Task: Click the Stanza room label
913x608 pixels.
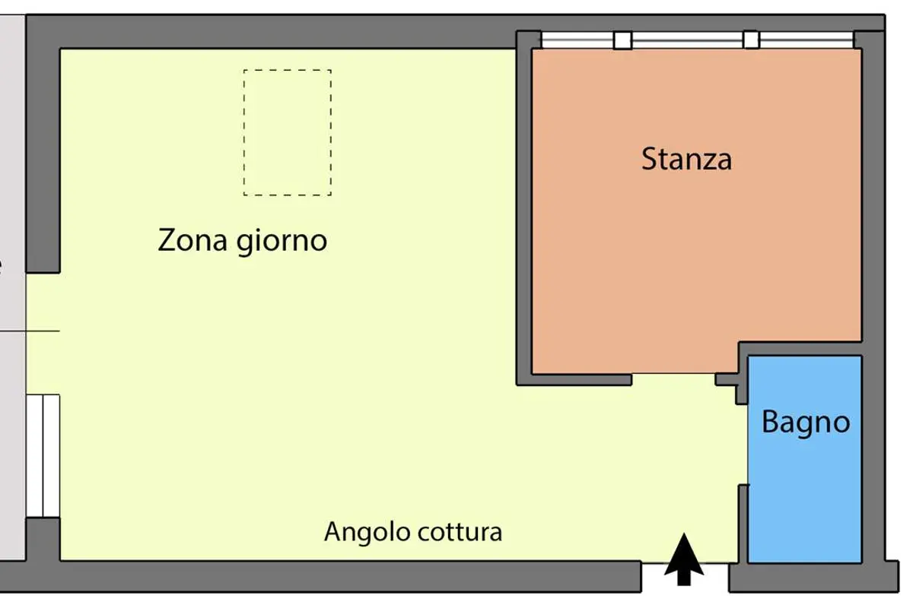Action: click(x=686, y=159)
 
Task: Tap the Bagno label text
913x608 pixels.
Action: click(x=806, y=423)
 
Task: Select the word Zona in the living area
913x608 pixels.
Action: click(x=192, y=240)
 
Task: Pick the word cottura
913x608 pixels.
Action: click(x=460, y=532)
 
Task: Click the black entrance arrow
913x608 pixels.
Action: click(x=684, y=559)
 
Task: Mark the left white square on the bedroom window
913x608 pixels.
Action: click(x=623, y=40)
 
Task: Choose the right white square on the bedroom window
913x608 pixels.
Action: click(x=751, y=40)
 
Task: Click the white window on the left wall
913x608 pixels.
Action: click(x=43, y=456)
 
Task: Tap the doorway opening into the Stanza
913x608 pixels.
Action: click(x=673, y=379)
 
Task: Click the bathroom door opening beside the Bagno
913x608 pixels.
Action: click(x=743, y=445)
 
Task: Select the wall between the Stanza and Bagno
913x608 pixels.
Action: click(x=800, y=349)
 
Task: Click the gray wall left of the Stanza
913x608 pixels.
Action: click(x=524, y=207)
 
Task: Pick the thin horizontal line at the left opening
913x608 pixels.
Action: click(x=30, y=331)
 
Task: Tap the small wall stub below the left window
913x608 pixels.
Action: click(x=43, y=539)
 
